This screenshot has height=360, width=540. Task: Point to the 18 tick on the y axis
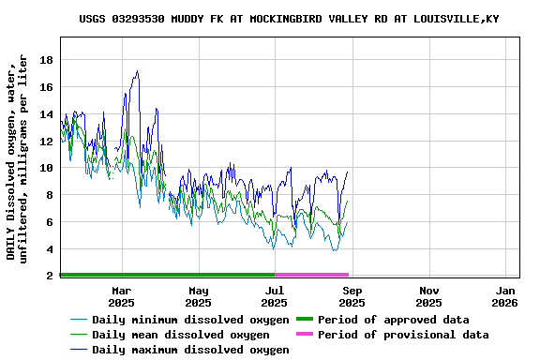[46, 60]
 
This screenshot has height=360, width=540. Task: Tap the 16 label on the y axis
[46, 87]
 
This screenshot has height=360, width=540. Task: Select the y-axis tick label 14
[46, 114]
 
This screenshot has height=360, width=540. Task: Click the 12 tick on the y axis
[46, 142]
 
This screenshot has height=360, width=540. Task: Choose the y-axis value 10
[46, 169]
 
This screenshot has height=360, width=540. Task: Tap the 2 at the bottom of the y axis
[50, 276]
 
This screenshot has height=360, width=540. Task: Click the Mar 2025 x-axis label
[121, 296]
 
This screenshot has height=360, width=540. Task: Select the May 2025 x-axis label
[198, 296]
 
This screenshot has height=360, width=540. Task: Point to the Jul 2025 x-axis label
[275, 296]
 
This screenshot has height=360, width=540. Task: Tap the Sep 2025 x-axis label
[352, 296]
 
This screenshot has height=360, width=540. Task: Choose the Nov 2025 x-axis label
[428, 296]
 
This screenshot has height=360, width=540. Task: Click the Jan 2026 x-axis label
[505, 296]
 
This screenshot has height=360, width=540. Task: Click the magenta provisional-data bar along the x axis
[311, 275]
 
